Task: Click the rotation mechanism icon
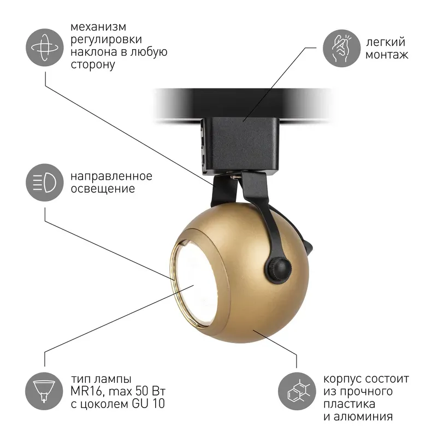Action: click(45, 48)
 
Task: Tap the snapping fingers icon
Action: click(342, 48)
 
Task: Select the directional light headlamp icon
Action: click(45, 182)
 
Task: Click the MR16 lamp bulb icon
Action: click(44, 391)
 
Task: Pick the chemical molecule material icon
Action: click(297, 391)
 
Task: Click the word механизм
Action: click(98, 27)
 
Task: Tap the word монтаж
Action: click(387, 55)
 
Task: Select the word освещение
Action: click(103, 188)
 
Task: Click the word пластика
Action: click(349, 404)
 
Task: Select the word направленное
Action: click(111, 176)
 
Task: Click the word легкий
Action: click(386, 42)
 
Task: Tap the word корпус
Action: click(342, 379)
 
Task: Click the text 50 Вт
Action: click(151, 391)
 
